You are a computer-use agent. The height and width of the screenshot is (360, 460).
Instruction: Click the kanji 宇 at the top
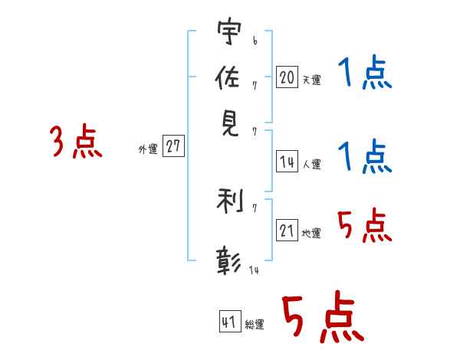(230, 31)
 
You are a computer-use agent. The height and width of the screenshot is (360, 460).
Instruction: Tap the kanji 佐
(227, 77)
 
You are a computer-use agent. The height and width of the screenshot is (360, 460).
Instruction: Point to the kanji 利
(230, 201)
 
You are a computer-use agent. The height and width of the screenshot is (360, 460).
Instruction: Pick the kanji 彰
(228, 261)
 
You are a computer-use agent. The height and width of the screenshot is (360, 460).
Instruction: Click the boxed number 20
(287, 77)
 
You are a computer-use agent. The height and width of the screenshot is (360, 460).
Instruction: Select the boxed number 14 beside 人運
(287, 162)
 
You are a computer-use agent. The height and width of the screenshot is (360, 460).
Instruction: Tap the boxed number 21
(287, 230)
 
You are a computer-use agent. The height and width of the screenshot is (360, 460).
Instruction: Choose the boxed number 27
(173, 146)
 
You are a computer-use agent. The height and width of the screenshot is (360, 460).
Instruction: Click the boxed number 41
(230, 321)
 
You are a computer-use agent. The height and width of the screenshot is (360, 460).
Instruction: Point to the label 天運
(312, 80)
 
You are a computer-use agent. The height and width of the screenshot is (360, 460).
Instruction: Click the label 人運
(312, 164)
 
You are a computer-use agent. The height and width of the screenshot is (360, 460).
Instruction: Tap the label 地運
(311, 234)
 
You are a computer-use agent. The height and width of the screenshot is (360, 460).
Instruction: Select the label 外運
(148, 149)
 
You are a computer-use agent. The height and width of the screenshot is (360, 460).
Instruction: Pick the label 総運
(255, 325)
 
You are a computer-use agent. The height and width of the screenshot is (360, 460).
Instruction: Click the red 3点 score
(76, 141)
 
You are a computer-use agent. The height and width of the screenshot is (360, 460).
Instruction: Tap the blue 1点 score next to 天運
(365, 72)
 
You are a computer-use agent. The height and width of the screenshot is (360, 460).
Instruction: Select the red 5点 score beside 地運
(365, 225)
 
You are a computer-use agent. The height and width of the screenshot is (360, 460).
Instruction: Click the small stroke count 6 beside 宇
(255, 41)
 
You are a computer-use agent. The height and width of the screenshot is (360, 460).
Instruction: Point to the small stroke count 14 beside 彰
(254, 270)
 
